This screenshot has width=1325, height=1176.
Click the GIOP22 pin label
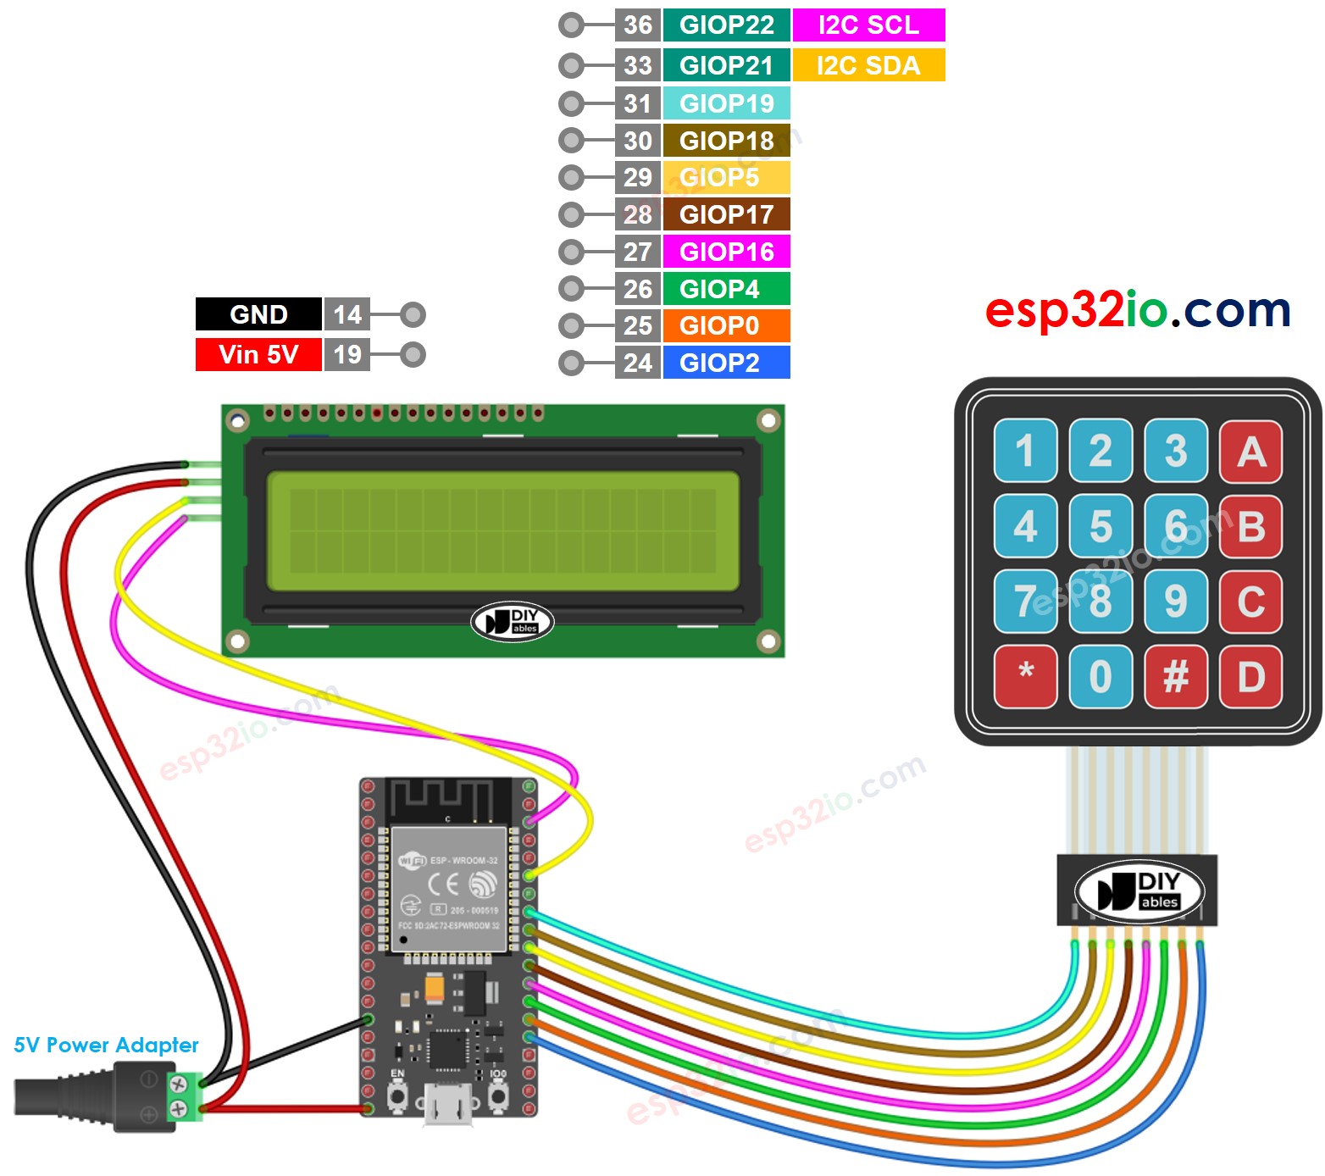pyautogui.click(x=726, y=25)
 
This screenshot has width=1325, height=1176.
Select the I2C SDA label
pyautogui.click(x=868, y=65)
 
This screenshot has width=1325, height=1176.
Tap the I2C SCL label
pyautogui.click(x=868, y=25)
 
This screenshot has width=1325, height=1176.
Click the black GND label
pyautogui.click(x=258, y=314)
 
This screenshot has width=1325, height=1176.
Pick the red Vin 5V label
pyautogui.click(x=258, y=354)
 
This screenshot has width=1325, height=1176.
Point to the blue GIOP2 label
pyautogui.click(x=726, y=363)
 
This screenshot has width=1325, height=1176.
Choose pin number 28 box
pyautogui.click(x=637, y=214)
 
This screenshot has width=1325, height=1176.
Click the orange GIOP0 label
pyautogui.click(x=726, y=325)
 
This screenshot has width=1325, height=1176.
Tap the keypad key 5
pyautogui.click(x=1100, y=526)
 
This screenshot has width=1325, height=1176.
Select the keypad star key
pyautogui.click(x=1025, y=676)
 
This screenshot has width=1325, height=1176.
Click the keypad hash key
pyautogui.click(x=1176, y=676)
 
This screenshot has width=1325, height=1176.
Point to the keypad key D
pyautogui.click(x=1250, y=676)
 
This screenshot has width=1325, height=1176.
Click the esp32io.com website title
pyautogui.click(x=1138, y=310)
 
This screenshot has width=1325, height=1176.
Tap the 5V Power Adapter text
pyautogui.click(x=106, y=1045)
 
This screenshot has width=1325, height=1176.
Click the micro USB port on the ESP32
pyautogui.click(x=448, y=1105)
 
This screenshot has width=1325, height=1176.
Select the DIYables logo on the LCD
pyautogui.click(x=512, y=622)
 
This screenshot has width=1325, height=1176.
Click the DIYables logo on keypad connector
pyautogui.click(x=1139, y=890)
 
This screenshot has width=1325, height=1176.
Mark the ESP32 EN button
pyautogui.click(x=396, y=1096)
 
